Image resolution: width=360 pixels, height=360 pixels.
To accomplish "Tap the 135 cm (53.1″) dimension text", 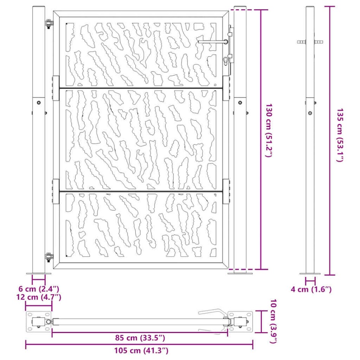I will [x=339, y=135].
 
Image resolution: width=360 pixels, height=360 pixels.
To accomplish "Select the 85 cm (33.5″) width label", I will [x=140, y=338].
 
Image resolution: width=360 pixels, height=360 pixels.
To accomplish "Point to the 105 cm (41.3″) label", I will [x=140, y=350].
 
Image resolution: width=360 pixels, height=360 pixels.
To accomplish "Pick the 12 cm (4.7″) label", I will [x=39, y=297].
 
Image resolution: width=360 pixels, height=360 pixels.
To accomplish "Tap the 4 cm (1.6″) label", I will [x=311, y=290].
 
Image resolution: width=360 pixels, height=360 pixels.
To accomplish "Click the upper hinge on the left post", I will [x=49, y=24].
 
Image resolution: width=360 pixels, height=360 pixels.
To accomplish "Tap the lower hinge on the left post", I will [x=49, y=257].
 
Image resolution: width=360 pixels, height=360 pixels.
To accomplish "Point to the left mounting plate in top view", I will [x=38, y=322].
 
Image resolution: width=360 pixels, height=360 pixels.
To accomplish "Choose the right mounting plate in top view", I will [x=240, y=322].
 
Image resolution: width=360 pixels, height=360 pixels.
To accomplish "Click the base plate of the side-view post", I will [x=310, y=273].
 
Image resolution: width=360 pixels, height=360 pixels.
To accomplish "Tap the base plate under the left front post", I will [x=38, y=273].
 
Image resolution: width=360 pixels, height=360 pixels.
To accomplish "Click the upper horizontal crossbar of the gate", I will [x=141, y=89].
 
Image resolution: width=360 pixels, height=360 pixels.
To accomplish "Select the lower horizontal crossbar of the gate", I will [x=141, y=191].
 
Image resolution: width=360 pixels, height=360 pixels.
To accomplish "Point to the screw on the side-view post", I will [x=310, y=113].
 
